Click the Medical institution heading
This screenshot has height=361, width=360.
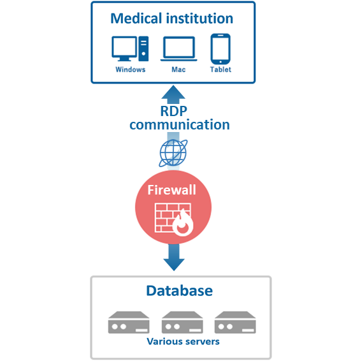point(172,18)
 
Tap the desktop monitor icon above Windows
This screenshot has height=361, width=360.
point(124,48)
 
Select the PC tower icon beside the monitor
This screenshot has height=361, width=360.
point(143,48)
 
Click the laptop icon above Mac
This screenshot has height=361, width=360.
point(179,49)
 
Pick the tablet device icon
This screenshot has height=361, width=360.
point(220,49)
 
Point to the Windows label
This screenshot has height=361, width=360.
point(131,70)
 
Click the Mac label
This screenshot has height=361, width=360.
point(178,70)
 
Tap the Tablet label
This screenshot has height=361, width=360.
point(220,70)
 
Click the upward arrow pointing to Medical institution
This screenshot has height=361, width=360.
point(173,94)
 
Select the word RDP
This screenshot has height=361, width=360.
point(174,111)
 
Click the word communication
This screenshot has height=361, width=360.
point(180,124)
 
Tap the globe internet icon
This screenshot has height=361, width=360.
point(173,153)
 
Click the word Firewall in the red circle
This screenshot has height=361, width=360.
point(172,190)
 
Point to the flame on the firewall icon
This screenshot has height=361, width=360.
point(183,223)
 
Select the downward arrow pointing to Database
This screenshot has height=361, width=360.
point(174,257)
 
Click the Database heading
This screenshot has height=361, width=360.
point(180,291)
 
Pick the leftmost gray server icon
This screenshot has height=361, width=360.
point(129,322)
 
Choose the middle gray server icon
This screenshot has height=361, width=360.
point(182,322)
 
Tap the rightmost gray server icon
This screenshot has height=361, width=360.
point(235,322)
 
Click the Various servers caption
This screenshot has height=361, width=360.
point(183,341)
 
